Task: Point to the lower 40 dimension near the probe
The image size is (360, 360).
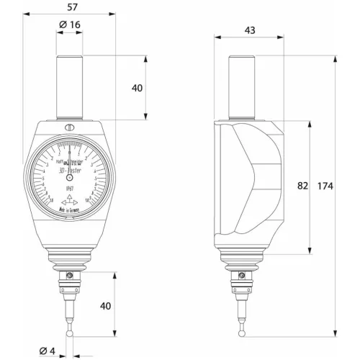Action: click(106, 306)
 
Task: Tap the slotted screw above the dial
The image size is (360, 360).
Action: click(69, 129)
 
